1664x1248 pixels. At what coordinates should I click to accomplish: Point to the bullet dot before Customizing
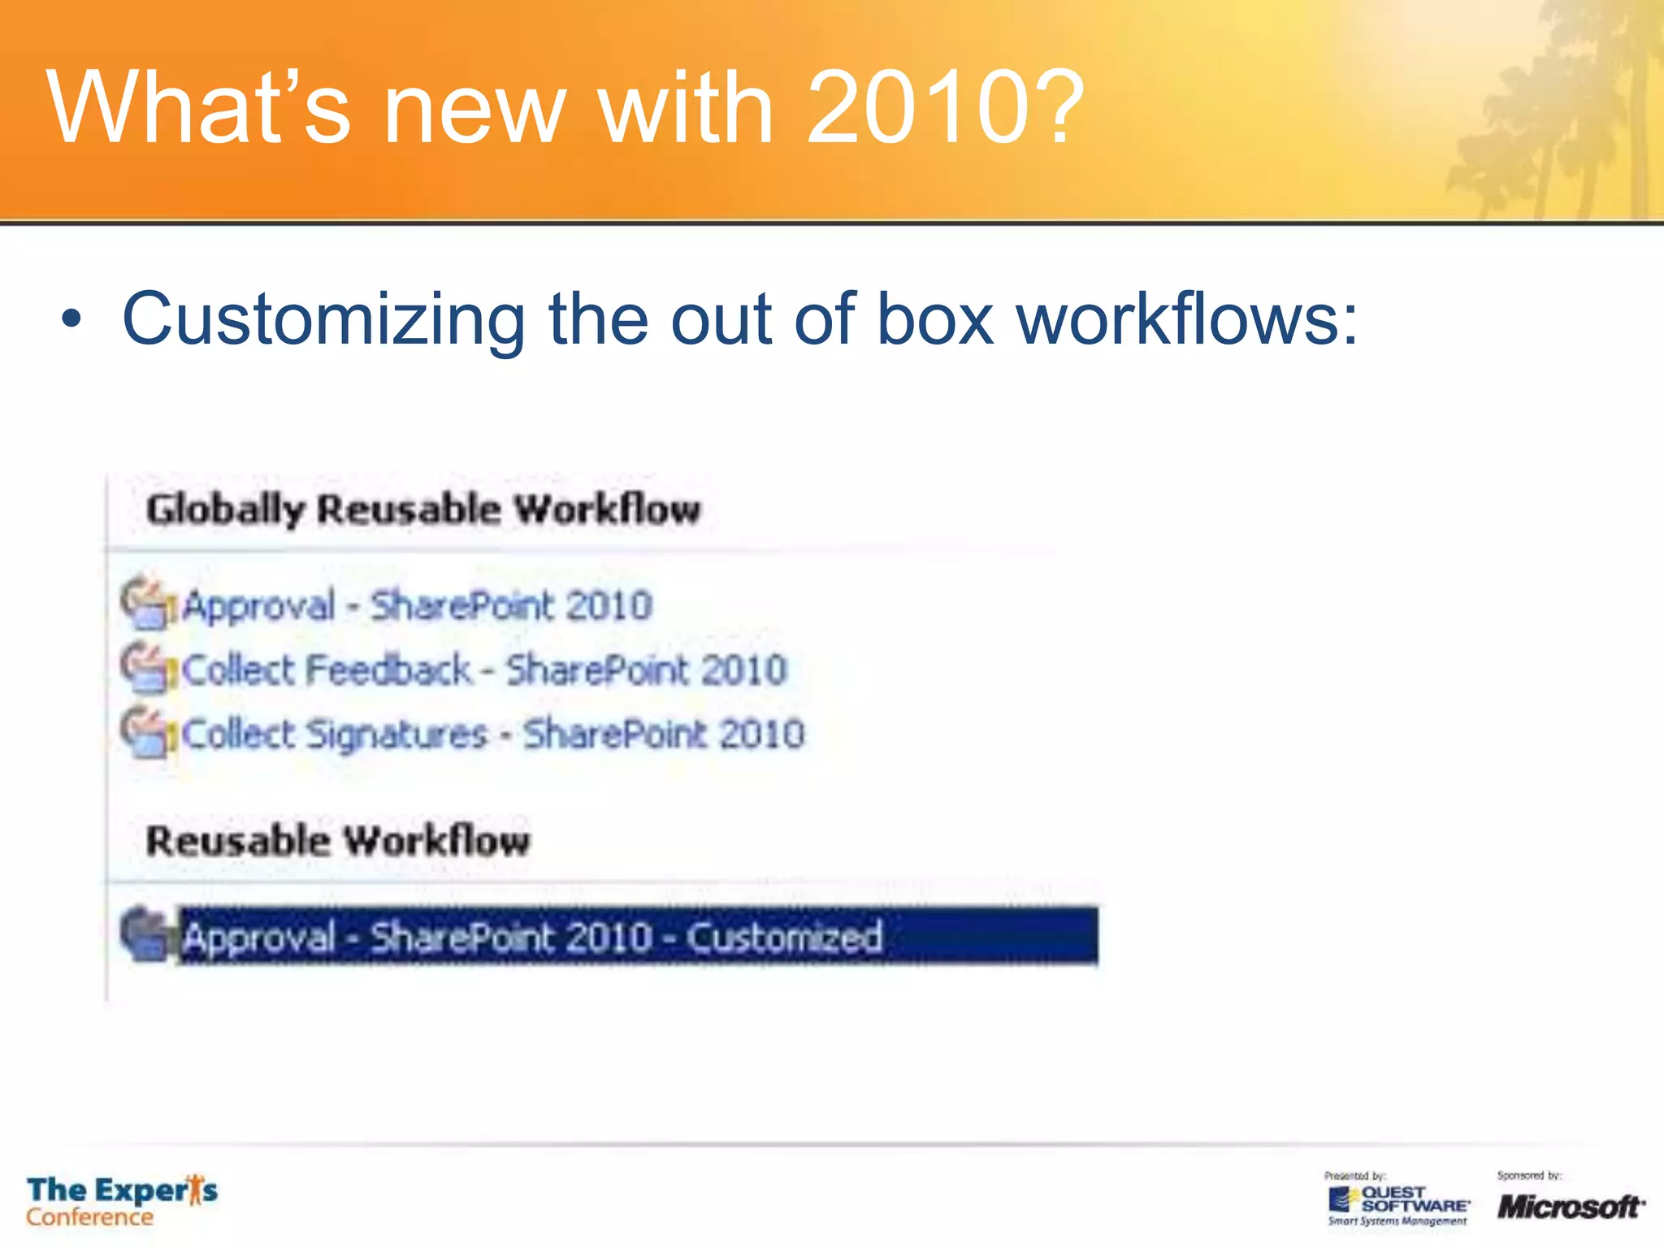71,319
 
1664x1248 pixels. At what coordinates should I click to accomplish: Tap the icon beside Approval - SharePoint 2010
147,603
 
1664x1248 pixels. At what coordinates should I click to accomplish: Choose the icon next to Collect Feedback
147,668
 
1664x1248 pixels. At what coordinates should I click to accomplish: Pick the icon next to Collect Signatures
147,732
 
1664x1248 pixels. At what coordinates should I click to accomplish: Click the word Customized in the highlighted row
785,937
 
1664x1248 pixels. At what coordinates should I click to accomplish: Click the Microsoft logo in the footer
1571,1207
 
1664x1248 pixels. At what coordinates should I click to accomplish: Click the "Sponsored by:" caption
1529,1176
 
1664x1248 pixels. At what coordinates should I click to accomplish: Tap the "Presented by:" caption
1354,1176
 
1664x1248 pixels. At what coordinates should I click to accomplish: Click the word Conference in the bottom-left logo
89,1217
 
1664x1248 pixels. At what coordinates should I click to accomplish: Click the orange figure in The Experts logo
194,1189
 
